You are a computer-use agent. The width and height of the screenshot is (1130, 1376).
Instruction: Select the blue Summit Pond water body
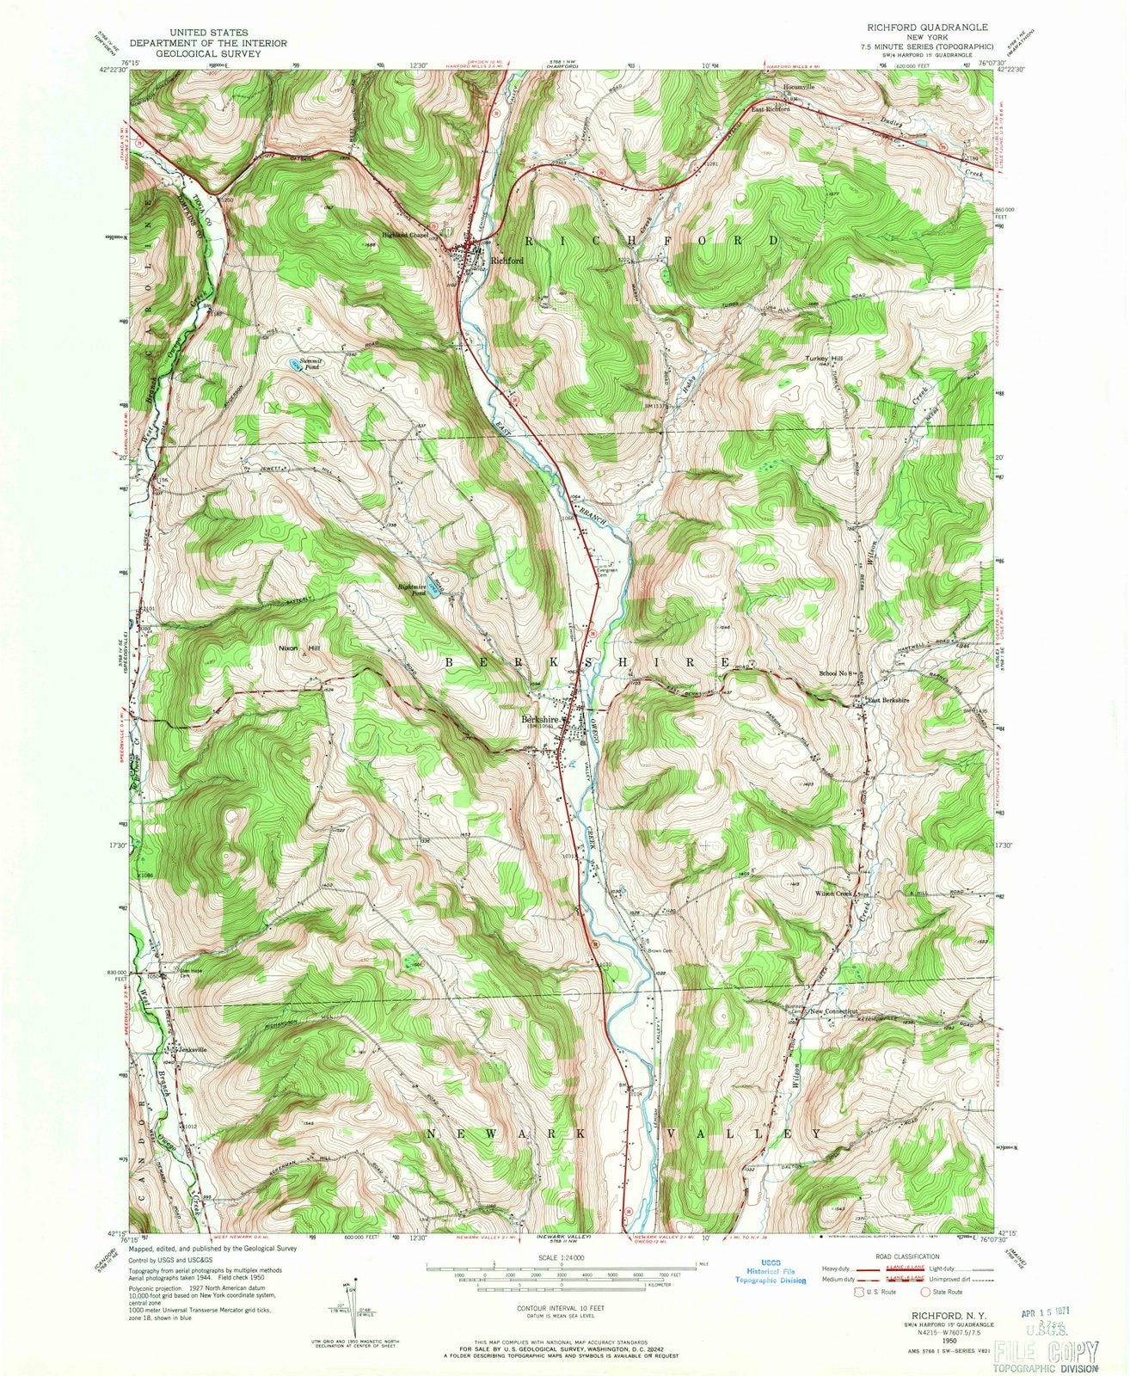click(295, 364)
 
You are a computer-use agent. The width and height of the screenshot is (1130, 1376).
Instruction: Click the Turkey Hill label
click(824, 359)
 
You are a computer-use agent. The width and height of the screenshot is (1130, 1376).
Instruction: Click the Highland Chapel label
click(406, 235)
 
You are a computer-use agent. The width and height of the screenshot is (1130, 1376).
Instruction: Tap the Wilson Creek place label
click(832, 894)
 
